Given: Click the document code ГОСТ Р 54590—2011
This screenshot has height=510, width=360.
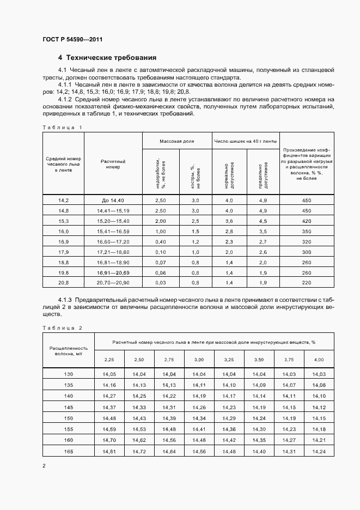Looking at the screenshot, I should pyautogui.click(x=72, y=40).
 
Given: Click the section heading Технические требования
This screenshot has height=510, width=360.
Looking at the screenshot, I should pyautogui.click(x=107, y=58).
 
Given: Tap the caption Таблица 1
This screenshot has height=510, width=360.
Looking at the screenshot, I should pyautogui.click(x=62, y=127).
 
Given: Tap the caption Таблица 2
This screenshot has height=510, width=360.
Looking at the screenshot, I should pyautogui.click(x=62, y=328).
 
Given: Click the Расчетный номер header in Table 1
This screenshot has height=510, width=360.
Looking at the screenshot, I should pyautogui.click(x=113, y=164).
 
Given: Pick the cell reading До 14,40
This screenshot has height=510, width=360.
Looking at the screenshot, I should pyautogui.click(x=113, y=201).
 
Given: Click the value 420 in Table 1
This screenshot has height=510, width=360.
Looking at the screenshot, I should pyautogui.click(x=306, y=221).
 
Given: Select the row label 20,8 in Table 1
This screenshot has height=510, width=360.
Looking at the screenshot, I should pyautogui.click(x=64, y=283).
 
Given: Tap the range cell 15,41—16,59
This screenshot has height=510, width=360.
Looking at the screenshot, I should pyautogui.click(x=113, y=232).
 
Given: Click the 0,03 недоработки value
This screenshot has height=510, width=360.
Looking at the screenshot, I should pyautogui.click(x=160, y=283).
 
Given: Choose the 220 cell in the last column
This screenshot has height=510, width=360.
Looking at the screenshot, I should pyautogui.click(x=306, y=283).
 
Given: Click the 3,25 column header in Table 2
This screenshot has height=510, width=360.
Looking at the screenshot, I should pyautogui.click(x=228, y=360).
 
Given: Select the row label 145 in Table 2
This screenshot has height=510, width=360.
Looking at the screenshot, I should pyautogui.click(x=68, y=407).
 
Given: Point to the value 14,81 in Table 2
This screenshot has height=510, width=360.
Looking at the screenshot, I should pyautogui.click(x=109, y=451).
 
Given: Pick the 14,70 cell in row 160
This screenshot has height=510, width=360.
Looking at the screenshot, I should pyautogui.click(x=109, y=440).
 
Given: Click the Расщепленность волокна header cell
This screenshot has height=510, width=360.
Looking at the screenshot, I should pyautogui.click(x=68, y=350).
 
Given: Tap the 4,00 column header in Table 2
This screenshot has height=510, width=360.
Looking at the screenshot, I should pyautogui.click(x=318, y=360).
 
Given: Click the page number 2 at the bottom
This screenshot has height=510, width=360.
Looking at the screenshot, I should pyautogui.click(x=44, y=466).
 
